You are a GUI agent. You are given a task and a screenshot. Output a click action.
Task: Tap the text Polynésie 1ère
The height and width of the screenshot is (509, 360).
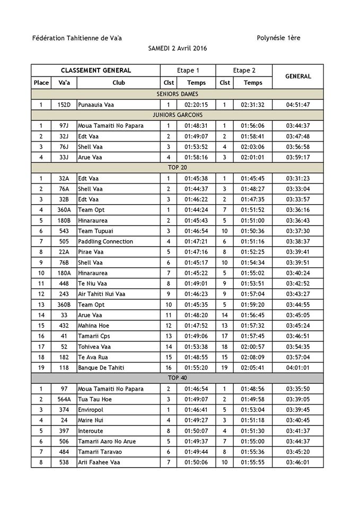click(x=278, y=38)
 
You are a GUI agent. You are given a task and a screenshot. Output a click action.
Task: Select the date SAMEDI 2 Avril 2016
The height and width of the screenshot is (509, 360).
click(x=178, y=48)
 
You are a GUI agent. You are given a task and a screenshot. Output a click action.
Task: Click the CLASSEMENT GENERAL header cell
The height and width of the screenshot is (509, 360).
click(x=96, y=71)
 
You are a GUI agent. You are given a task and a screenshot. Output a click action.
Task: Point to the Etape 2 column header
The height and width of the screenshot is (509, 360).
click(x=244, y=71)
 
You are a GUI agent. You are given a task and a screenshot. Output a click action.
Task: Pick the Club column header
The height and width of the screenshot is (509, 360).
click(x=119, y=83)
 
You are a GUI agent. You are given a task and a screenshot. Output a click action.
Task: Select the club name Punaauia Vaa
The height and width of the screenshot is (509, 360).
click(x=96, y=104)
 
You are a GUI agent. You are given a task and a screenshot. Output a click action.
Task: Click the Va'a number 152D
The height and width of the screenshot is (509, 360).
click(x=64, y=104)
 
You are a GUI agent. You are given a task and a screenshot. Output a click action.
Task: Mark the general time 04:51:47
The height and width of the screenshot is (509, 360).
click(x=298, y=104)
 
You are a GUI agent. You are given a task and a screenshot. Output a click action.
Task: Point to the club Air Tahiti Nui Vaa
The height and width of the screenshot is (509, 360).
click(x=102, y=294)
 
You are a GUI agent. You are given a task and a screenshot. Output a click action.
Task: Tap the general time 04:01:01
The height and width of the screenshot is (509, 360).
click(x=298, y=367)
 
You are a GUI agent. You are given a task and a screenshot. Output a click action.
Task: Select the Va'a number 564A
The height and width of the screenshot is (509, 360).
click(x=64, y=399)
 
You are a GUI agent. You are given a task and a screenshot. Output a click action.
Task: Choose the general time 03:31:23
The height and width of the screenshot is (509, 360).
click(x=298, y=178)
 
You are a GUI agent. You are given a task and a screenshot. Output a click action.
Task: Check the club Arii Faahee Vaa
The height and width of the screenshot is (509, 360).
click(x=99, y=462)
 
